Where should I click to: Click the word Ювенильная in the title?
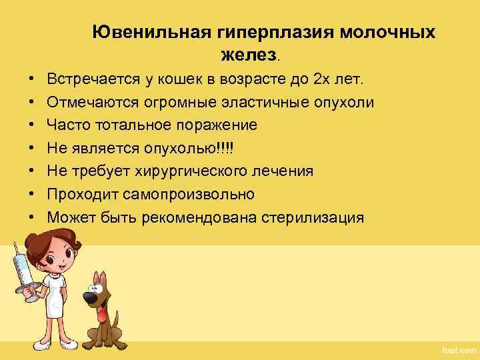click(x=139, y=33)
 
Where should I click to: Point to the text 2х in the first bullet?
click(x=321, y=80)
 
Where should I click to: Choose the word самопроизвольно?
click(x=189, y=194)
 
